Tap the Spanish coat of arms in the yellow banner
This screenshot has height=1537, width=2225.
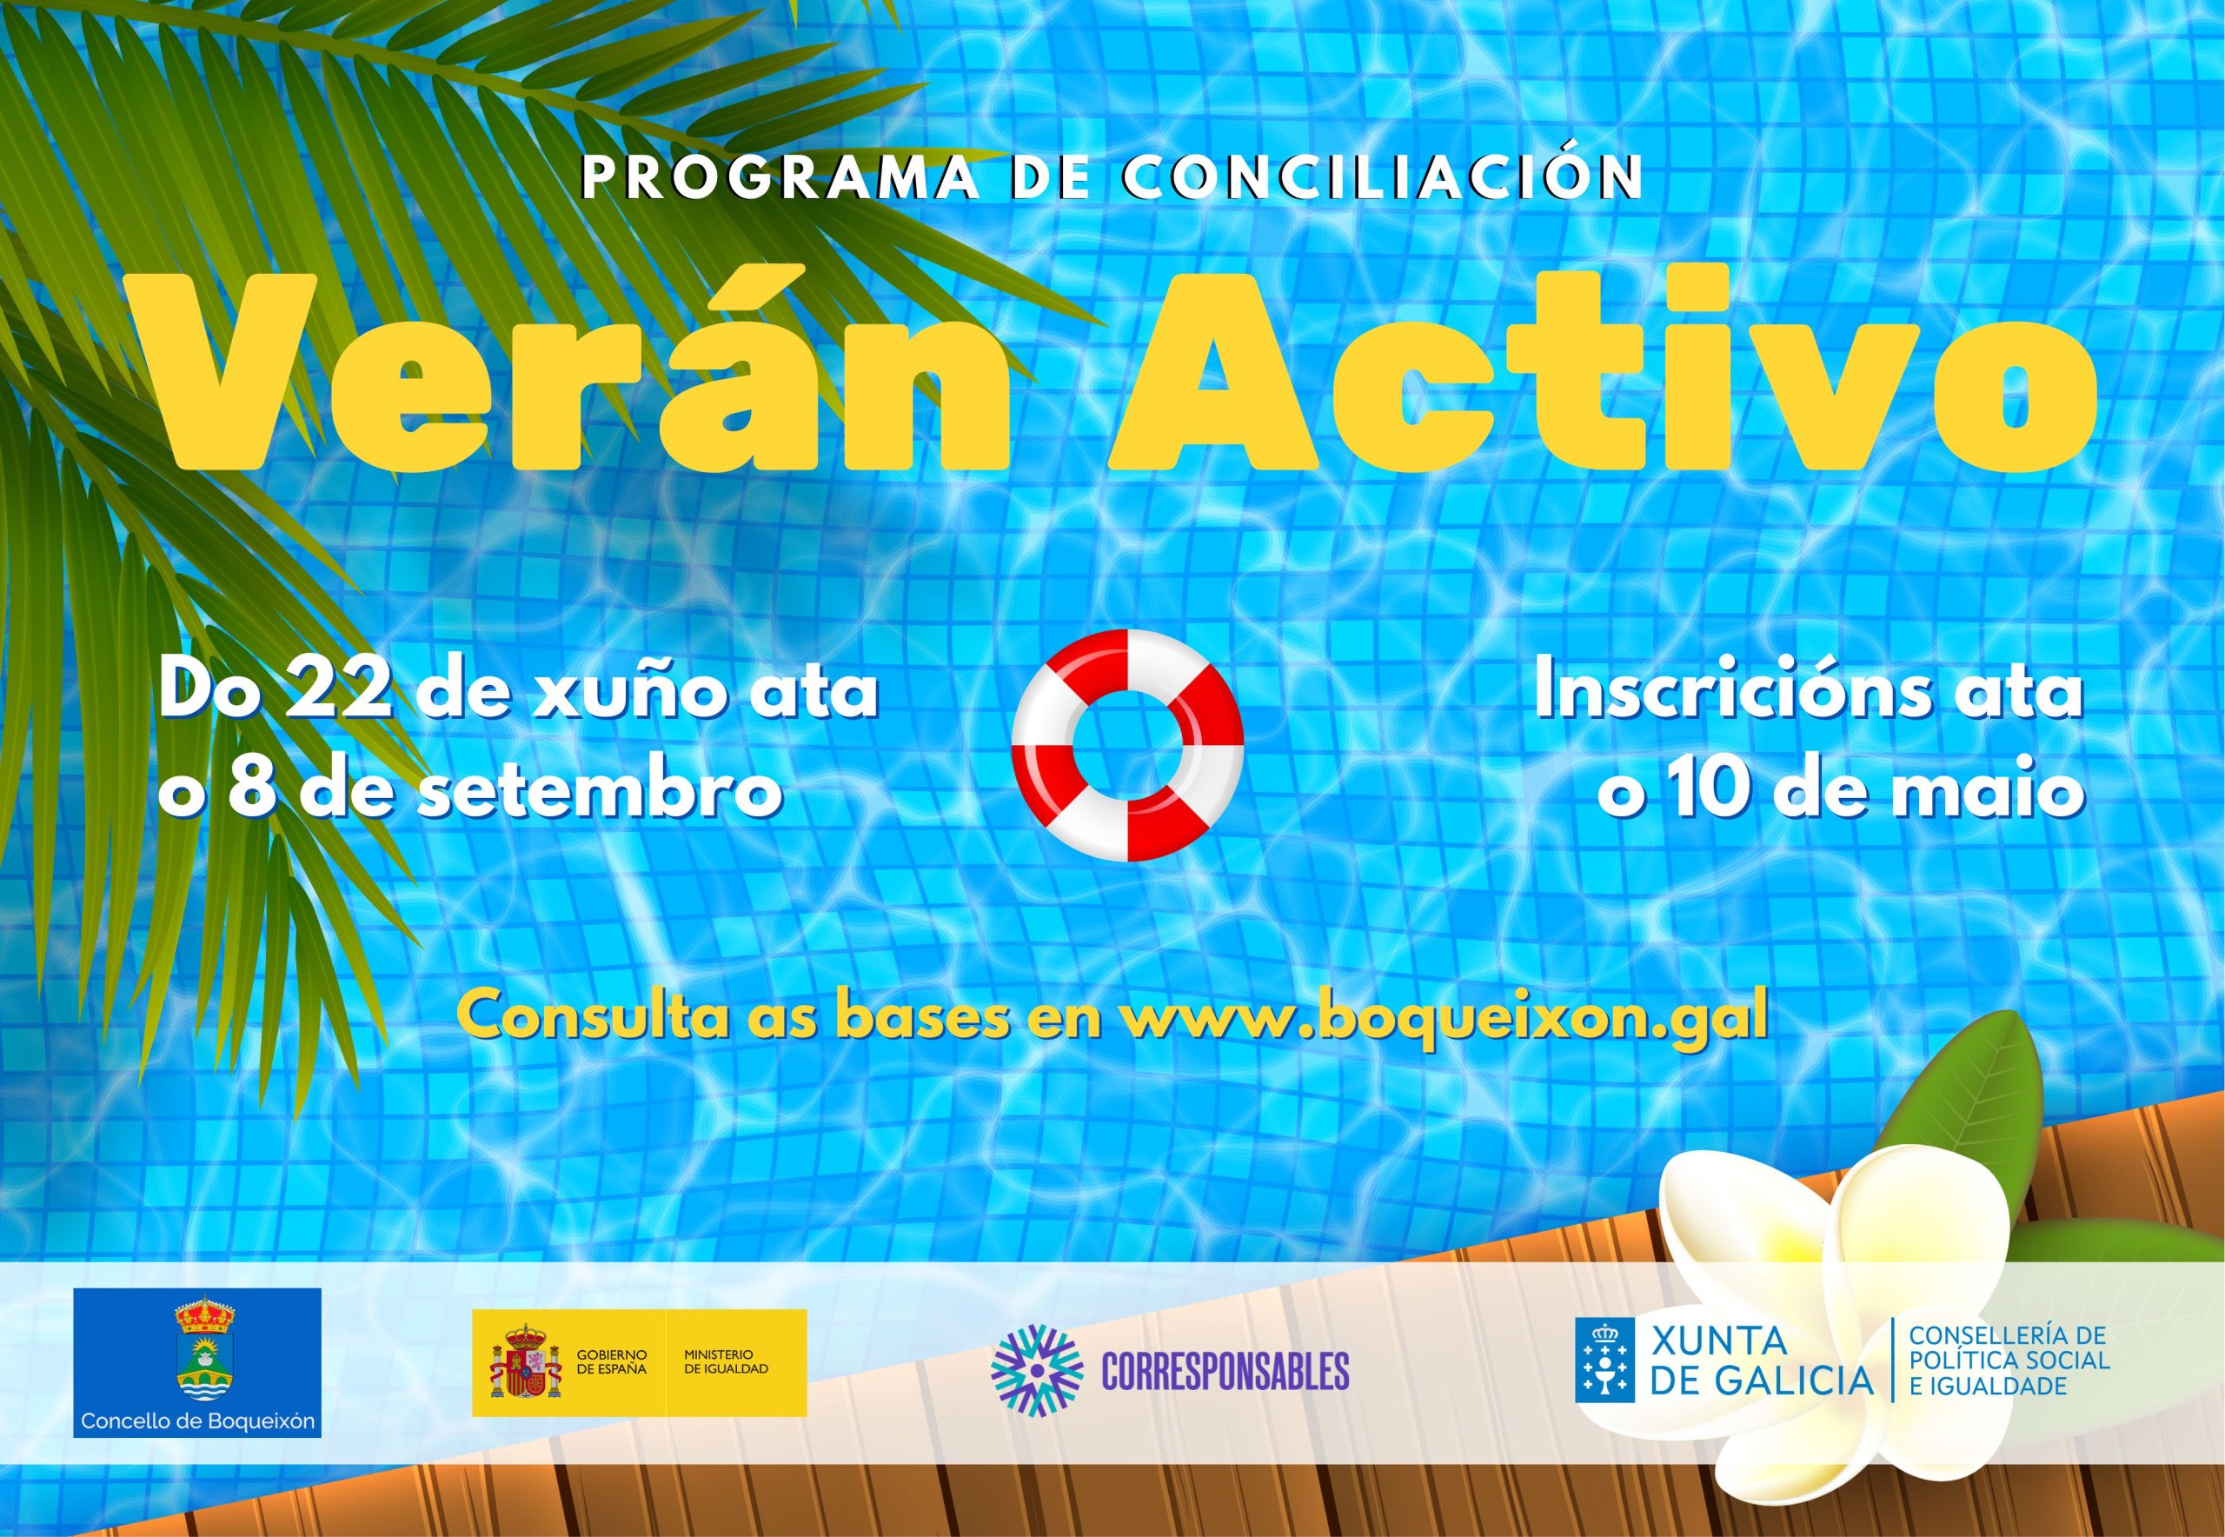(x=525, y=1362)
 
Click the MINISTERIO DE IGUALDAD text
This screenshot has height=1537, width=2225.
(x=726, y=1361)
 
